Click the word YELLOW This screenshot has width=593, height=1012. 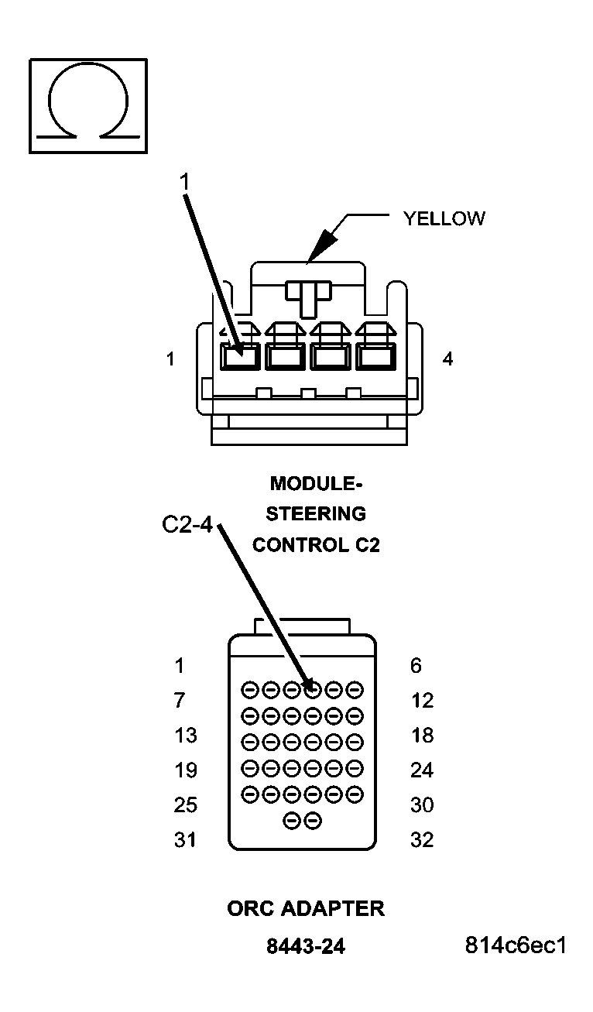point(444,218)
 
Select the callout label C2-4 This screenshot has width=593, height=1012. point(187,525)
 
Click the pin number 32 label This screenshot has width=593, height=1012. point(422,840)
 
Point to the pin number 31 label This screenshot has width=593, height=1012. point(185,840)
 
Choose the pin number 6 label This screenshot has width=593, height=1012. point(416,666)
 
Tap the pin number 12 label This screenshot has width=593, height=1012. point(422,701)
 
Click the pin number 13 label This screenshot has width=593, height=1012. point(185,736)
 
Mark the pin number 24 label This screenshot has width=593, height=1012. point(422,770)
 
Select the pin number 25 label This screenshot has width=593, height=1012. point(185,805)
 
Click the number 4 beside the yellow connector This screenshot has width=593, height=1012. point(447,360)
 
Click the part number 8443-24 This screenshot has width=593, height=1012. point(306,946)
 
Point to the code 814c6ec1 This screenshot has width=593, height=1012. point(516,945)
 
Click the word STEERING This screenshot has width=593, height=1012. point(316,514)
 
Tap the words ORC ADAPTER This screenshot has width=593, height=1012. point(306,908)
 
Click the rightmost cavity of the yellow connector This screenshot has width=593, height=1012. point(375,357)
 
